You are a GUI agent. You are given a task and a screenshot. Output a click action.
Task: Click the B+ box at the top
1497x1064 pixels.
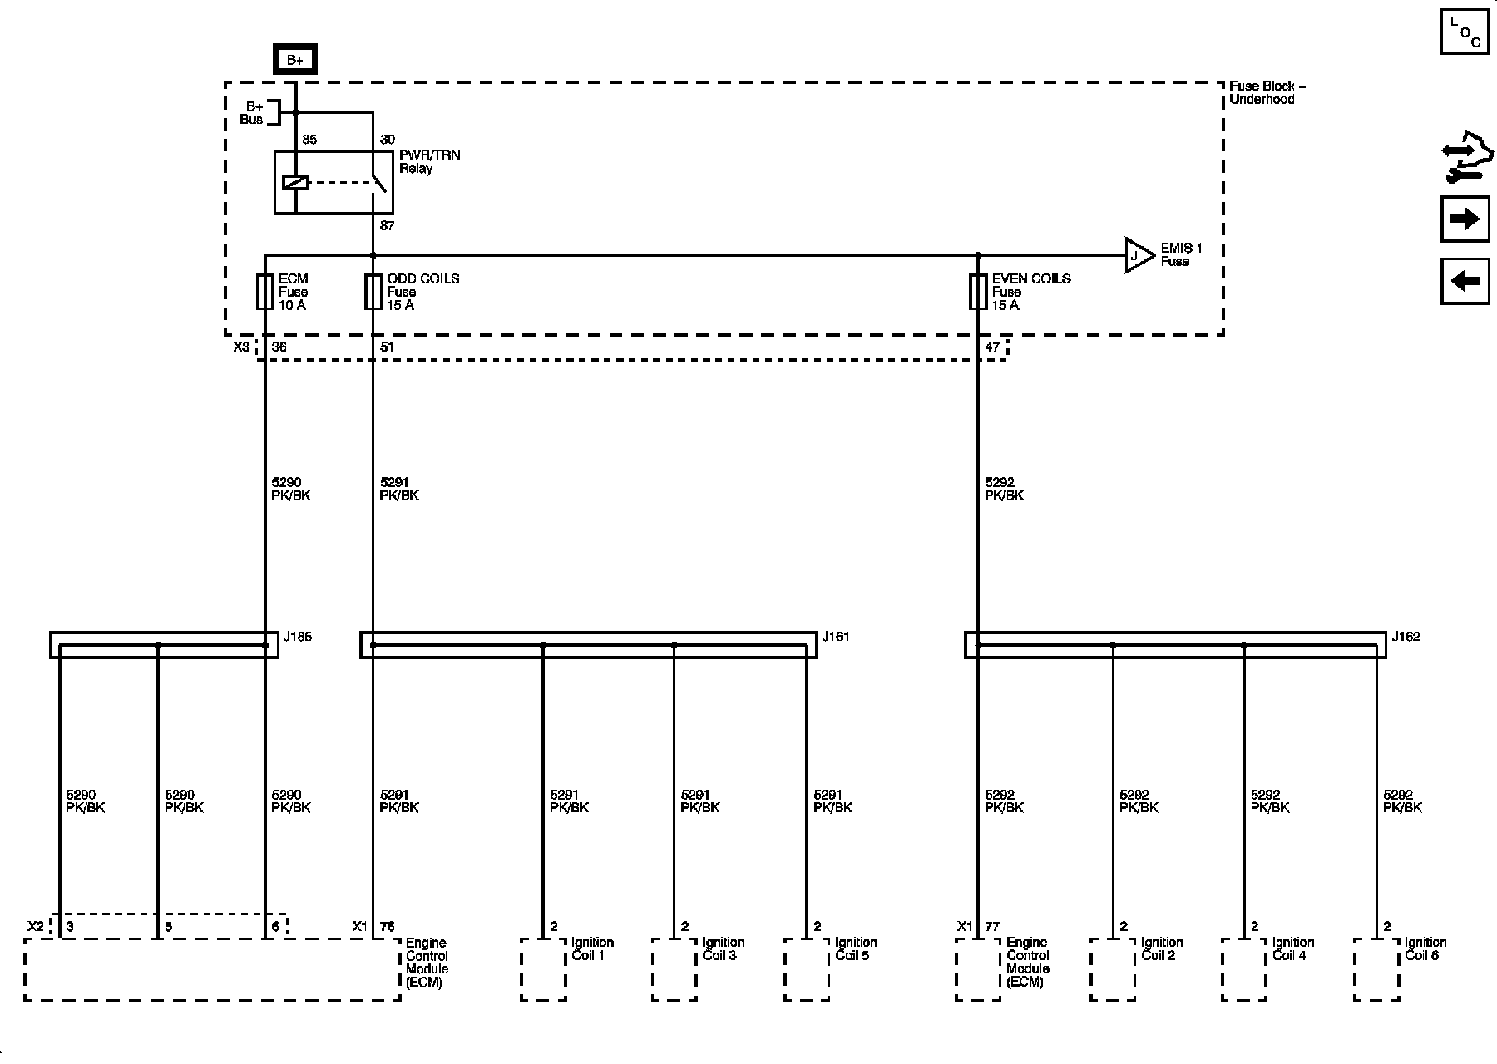(294, 60)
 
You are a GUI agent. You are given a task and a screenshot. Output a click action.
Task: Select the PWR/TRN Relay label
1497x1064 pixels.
(429, 161)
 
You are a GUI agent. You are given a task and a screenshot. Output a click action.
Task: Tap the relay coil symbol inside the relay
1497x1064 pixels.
(295, 182)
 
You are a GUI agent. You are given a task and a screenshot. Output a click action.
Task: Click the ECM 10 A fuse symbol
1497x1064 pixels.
(264, 292)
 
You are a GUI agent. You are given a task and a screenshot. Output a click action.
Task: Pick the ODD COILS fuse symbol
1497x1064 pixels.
(373, 292)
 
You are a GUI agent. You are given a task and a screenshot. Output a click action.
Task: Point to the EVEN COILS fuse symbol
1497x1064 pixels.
(978, 292)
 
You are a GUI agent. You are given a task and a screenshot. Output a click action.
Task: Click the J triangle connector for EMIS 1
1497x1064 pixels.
(1138, 255)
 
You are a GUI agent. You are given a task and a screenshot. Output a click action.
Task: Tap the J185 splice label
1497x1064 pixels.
(298, 637)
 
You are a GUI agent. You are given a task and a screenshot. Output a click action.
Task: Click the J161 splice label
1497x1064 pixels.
(836, 637)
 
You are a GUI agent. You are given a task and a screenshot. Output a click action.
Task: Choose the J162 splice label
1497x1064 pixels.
(1406, 637)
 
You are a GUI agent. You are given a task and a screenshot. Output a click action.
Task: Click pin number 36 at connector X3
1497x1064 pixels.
(279, 347)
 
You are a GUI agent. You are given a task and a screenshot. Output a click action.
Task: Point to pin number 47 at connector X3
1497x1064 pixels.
(992, 347)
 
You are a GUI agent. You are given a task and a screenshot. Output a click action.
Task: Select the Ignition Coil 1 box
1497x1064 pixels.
(543, 969)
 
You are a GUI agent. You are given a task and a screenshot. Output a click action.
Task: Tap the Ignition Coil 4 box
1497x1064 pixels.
(1244, 969)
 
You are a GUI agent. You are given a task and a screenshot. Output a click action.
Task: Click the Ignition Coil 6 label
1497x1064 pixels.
(1425, 948)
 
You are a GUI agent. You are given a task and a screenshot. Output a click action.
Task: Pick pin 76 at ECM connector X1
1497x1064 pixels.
(387, 926)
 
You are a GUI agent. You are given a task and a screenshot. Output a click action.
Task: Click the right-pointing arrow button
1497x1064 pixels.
(1465, 219)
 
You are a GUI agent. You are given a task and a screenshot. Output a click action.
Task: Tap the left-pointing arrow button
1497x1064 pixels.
(1465, 281)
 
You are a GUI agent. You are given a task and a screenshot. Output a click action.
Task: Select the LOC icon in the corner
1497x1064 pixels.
(1465, 32)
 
